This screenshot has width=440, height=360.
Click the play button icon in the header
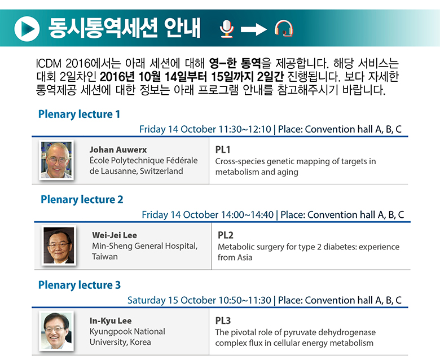(x=27, y=29)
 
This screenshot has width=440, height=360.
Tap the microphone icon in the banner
(x=227, y=29)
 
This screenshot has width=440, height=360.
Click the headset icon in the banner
(x=284, y=28)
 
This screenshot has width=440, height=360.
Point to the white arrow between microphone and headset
(x=253, y=29)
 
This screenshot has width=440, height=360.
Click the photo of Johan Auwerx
(x=56, y=160)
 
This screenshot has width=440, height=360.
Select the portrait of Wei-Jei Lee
(x=59, y=245)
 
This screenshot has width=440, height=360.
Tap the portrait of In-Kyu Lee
(x=56, y=331)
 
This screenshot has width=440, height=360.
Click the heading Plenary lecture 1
(x=79, y=114)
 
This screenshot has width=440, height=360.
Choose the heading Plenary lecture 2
(x=82, y=200)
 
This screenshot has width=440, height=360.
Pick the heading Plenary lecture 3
(x=80, y=285)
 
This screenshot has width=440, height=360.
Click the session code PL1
(x=223, y=150)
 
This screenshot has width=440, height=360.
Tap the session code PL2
(x=225, y=235)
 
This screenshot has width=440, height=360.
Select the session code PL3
(x=223, y=321)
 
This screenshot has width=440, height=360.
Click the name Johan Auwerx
(x=118, y=150)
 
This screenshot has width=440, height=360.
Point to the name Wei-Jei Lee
(x=115, y=235)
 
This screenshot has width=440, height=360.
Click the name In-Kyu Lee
(x=111, y=321)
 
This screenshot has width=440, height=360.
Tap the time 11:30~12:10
(x=245, y=129)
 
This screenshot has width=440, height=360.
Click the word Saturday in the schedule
(x=146, y=300)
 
